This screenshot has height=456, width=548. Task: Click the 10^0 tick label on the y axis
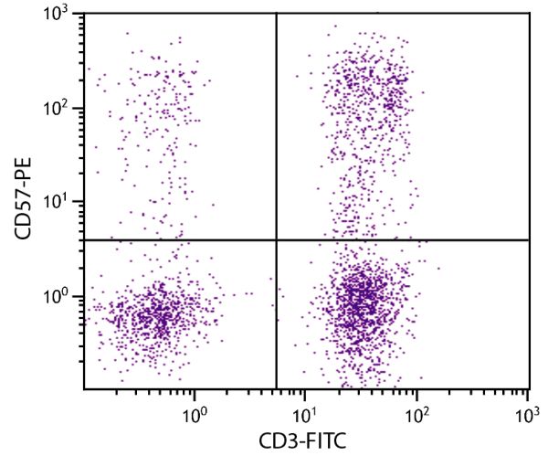pos(60,296)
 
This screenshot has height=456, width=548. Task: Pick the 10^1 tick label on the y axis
pos(60,202)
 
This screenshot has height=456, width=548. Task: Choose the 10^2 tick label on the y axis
pos(60,108)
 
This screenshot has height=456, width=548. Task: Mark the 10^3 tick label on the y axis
pos(60,15)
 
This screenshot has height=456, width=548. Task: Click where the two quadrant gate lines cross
pos(276,239)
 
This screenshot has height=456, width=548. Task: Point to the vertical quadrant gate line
pos(276,128)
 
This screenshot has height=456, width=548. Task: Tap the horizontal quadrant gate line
pos(402,239)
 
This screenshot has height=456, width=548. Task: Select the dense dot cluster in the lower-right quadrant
pos(361,302)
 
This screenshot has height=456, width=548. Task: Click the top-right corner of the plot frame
pos(530,13)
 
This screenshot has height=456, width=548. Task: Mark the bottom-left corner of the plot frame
pos(84,390)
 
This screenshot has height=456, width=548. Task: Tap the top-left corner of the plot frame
pos(84,13)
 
